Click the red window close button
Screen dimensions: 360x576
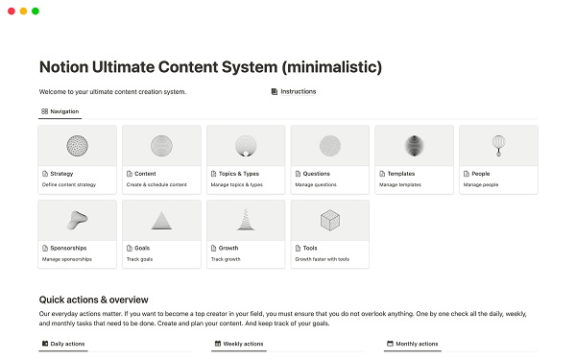click(x=9, y=11)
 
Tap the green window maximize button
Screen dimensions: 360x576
click(x=36, y=11)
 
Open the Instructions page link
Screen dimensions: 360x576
click(x=298, y=92)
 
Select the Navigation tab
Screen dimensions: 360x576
click(x=60, y=112)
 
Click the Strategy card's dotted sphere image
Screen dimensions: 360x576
click(x=77, y=145)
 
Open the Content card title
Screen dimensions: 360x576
click(x=144, y=174)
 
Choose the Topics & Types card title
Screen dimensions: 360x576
click(x=238, y=174)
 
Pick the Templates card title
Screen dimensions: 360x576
click(x=406, y=174)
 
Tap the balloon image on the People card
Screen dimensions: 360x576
click(x=497, y=145)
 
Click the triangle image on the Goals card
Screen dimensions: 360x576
click(x=161, y=220)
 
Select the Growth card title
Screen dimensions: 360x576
click(x=228, y=248)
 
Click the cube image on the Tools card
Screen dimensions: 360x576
click(x=329, y=220)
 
